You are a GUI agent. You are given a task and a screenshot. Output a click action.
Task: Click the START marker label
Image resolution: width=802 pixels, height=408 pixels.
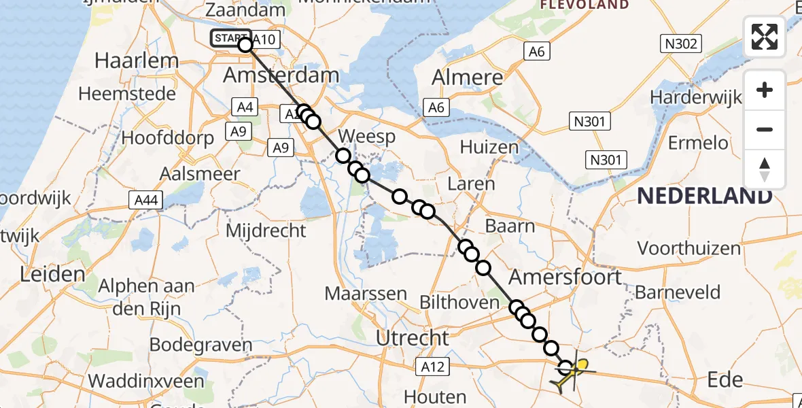click(230, 38)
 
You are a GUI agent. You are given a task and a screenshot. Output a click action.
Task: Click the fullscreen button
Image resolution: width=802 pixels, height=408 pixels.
click(765, 37)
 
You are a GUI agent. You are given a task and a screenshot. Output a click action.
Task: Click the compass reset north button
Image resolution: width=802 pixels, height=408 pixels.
click(765, 169)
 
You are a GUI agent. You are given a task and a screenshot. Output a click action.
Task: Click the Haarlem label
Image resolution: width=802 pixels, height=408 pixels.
click(137, 60)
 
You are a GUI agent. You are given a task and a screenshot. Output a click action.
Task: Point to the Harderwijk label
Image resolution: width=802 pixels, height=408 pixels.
click(695, 97)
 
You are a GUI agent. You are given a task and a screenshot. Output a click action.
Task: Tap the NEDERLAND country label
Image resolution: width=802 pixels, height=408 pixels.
click(705, 197)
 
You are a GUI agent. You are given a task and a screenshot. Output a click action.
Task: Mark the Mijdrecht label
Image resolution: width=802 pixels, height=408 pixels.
click(266, 231)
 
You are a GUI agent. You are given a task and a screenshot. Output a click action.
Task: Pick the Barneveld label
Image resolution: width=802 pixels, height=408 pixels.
click(677, 293)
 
